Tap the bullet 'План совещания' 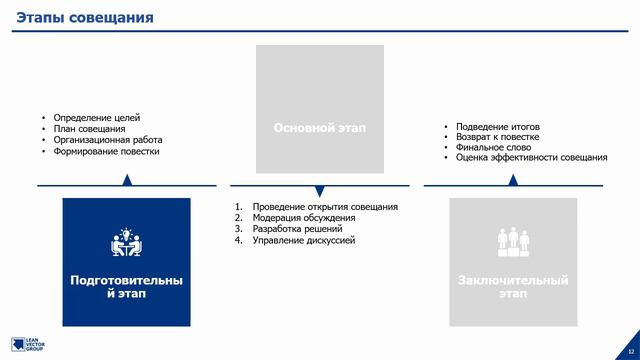(89, 129)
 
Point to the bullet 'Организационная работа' (108, 140)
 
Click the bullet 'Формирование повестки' (106, 152)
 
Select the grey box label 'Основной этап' (320, 128)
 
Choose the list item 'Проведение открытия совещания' (325, 207)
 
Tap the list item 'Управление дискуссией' (304, 240)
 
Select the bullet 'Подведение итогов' (497, 127)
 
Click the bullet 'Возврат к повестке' (497, 137)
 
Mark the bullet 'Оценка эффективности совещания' (531, 158)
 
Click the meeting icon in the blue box (126, 243)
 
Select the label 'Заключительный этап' (513, 287)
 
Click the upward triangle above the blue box (127, 180)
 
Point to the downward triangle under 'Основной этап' (320, 191)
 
